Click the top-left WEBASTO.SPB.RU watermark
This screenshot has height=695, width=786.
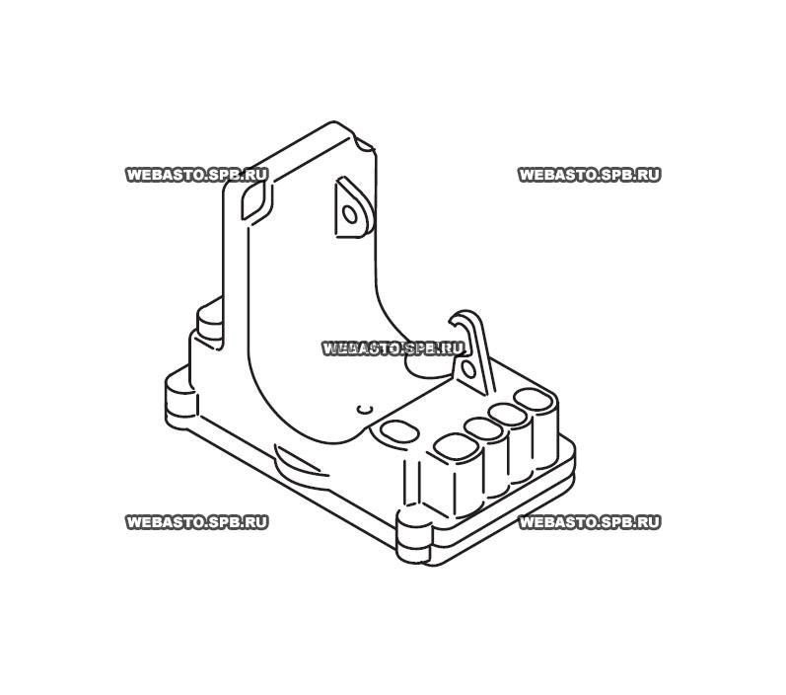(197, 175)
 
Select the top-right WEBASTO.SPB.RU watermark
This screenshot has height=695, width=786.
(589, 175)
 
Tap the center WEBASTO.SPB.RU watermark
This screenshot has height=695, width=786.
(393, 348)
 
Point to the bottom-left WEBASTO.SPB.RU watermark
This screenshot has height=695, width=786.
(197, 522)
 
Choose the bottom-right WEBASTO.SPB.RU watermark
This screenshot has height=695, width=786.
(589, 522)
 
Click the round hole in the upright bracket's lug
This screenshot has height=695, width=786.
(348, 212)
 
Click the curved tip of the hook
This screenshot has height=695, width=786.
(460, 321)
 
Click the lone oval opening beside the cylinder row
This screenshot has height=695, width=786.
(398, 432)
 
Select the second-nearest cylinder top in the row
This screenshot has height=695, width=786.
(483, 429)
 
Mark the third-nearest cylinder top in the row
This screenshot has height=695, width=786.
(510, 415)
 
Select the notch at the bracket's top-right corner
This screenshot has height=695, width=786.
(367, 149)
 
